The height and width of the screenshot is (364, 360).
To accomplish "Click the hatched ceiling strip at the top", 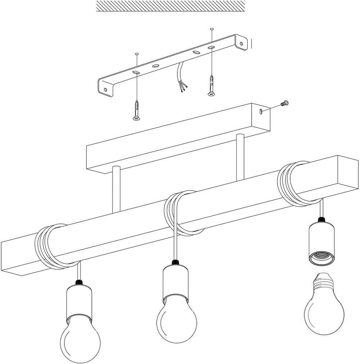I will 171,6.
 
